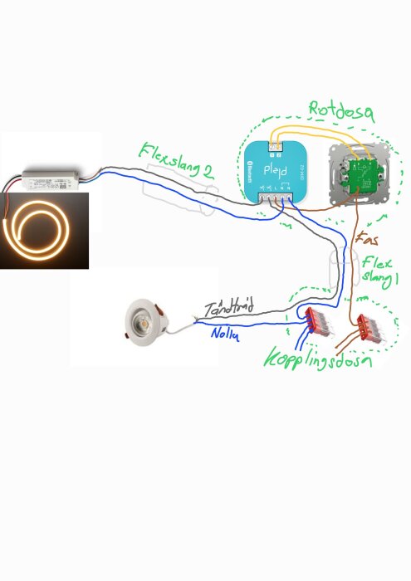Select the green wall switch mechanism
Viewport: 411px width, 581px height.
[x=358, y=175]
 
